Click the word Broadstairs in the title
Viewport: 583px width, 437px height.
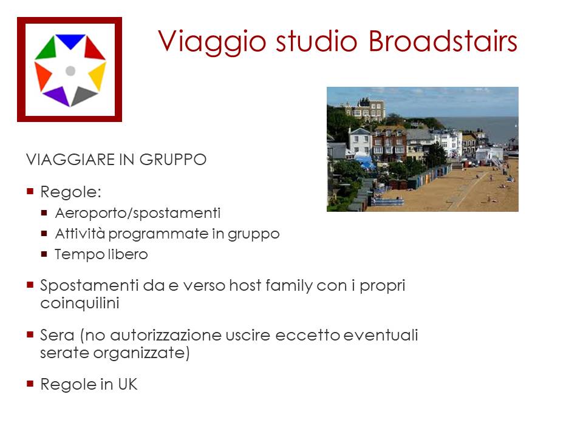tap(443, 41)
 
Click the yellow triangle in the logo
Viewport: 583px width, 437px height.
tap(98, 75)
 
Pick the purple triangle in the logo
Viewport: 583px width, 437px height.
tap(57, 97)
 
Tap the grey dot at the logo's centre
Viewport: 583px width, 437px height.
tap(70, 70)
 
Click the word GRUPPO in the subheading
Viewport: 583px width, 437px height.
tap(173, 160)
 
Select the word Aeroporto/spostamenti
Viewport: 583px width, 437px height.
tap(138, 213)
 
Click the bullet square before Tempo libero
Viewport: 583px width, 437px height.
tap(44, 254)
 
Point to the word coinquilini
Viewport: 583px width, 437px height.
tap(80, 303)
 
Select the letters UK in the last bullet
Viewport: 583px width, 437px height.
tap(128, 384)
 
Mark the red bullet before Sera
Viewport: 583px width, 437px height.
tap(30, 334)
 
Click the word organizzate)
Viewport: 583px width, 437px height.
tap(141, 353)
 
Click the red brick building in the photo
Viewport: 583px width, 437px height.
tap(389, 144)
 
